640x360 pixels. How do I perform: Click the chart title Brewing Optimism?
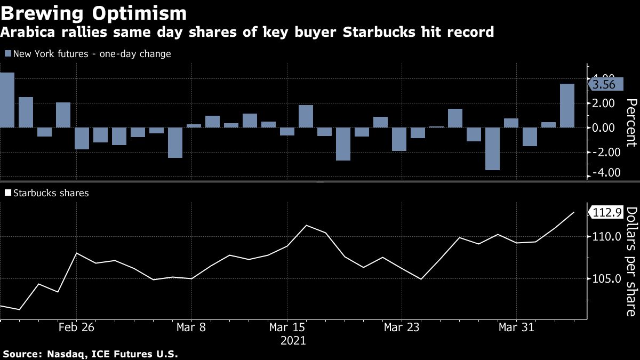pos(94,13)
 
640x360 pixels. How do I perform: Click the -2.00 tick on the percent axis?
pos(602,152)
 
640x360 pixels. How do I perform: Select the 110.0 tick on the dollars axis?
pos(605,237)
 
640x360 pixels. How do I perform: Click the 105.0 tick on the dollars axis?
pos(605,279)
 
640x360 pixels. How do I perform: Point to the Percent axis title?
pos(630,123)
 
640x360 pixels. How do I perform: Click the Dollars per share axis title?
pos(630,261)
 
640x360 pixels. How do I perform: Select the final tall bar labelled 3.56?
pos(567,106)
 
